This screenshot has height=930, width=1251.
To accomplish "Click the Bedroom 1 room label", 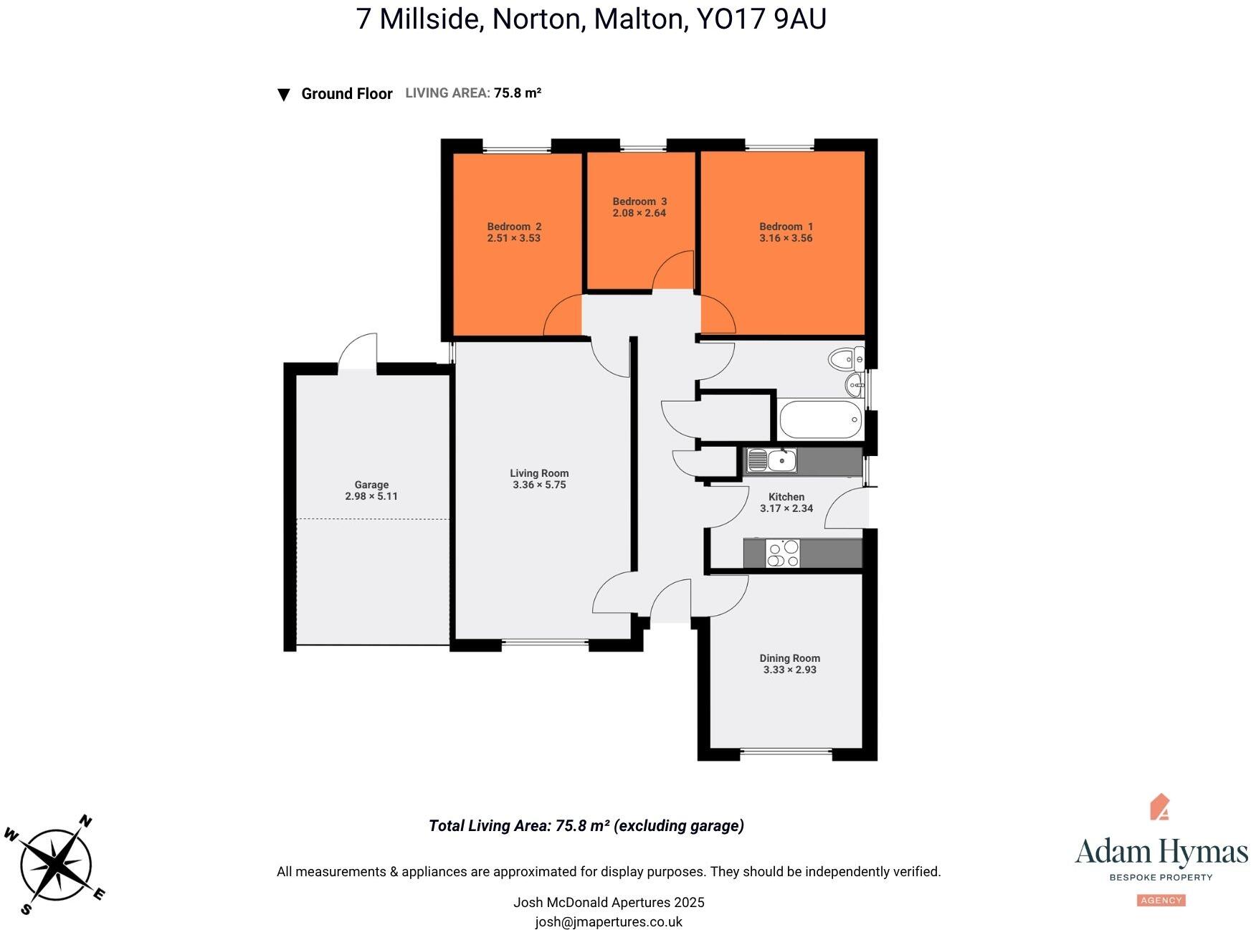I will coord(786,227).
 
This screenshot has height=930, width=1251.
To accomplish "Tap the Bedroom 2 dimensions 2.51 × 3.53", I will coord(513,238).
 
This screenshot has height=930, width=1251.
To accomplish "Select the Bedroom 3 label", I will coord(639,201).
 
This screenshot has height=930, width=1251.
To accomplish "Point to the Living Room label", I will coord(539,473).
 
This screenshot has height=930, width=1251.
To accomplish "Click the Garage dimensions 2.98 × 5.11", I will coord(371,496).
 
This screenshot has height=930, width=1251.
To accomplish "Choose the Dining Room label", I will coord(789,658).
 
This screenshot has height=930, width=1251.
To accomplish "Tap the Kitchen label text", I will coord(786,497).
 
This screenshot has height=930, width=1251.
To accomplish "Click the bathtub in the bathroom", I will coord(819,419).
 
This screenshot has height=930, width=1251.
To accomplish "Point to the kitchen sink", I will coord(771,460).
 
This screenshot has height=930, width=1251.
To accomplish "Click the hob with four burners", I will coord(782,554).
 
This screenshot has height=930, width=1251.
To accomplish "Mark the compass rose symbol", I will coord(56,866).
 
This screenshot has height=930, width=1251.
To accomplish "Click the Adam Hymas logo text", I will coord(1161,852).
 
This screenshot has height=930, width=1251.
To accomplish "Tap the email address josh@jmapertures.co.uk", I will coord(609,922).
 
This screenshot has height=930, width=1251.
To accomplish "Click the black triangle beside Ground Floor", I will coord(284,95).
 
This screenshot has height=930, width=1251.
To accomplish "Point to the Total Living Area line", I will coord(586,825).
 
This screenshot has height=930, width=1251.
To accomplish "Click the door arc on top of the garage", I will coord(358,351).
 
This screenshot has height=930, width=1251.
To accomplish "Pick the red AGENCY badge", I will coord(1161,900).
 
